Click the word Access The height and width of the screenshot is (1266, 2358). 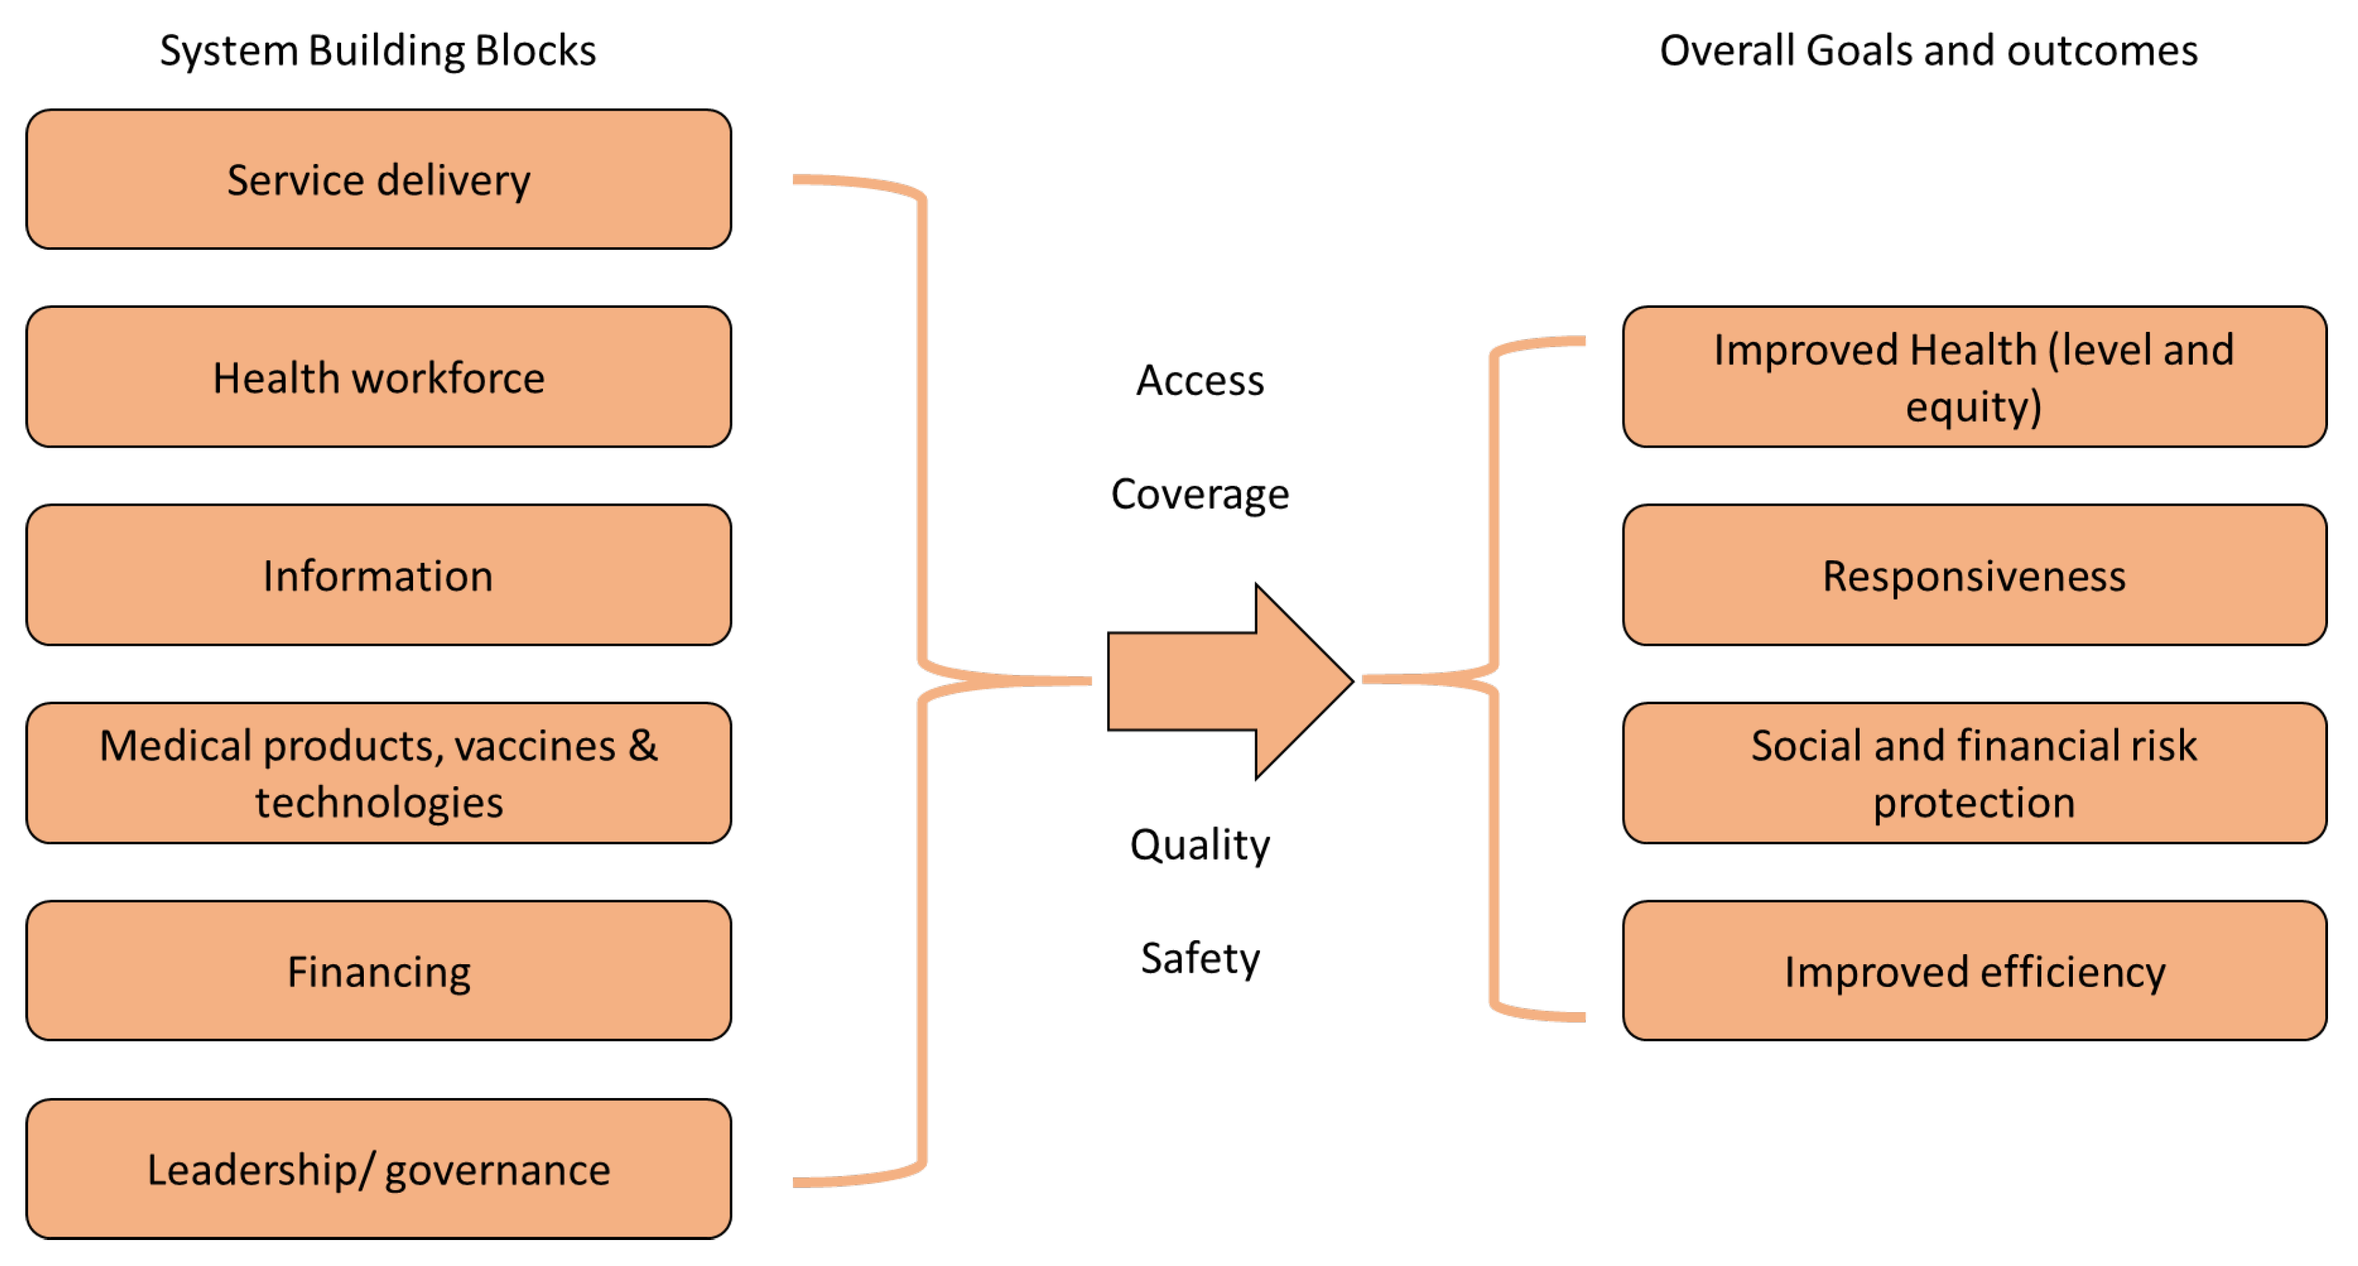[x=1199, y=380]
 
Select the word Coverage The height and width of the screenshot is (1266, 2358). [x=1199, y=494]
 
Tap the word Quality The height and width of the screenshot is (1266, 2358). [x=1199, y=844]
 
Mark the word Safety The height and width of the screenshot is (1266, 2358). [x=1199, y=958]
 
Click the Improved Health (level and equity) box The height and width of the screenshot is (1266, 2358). [x=1974, y=377]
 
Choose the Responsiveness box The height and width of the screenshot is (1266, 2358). [x=1974, y=575]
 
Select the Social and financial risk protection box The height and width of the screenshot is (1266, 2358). [x=1974, y=774]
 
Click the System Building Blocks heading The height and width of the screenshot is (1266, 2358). [x=377, y=51]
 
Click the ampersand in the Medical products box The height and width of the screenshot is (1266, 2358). [x=642, y=745]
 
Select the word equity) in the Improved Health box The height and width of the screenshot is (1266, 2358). [x=1974, y=406]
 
